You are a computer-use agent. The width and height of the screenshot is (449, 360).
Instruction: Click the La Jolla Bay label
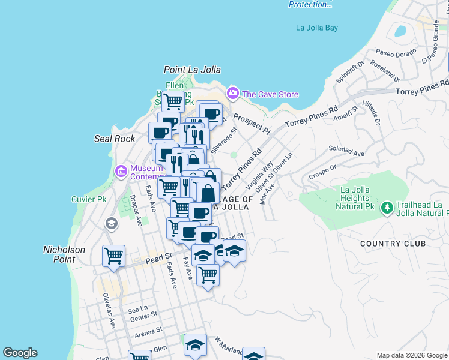(x=317, y=28)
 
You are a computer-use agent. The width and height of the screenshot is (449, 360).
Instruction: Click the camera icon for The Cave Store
(x=232, y=94)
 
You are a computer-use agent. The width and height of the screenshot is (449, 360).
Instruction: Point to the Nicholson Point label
(x=64, y=254)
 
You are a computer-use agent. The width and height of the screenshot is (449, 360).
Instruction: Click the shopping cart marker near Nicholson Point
(x=113, y=256)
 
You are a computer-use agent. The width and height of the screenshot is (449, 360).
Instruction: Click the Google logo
(x=20, y=353)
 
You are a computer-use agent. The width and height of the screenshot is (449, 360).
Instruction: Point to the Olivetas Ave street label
(x=109, y=310)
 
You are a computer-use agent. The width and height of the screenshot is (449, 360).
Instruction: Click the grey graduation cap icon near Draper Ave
(x=110, y=224)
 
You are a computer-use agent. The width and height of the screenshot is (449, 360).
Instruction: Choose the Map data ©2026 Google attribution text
(x=411, y=355)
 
